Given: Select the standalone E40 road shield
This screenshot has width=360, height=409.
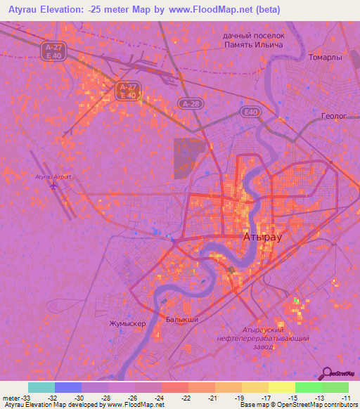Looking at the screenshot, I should [x=250, y=112].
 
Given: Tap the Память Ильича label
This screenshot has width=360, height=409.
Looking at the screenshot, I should [x=253, y=44].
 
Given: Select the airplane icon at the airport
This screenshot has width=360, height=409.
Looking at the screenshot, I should [x=55, y=186].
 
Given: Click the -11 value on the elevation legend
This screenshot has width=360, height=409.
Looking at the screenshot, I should [x=346, y=397].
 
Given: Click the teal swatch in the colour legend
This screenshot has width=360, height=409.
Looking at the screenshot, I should [x=41, y=387].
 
